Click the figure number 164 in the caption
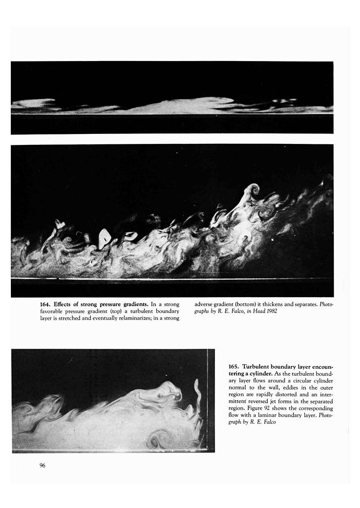[x=45, y=304]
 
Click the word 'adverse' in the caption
[x=204, y=304]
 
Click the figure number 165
[x=233, y=366]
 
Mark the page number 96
[x=42, y=465]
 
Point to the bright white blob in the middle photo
[x=105, y=239]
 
